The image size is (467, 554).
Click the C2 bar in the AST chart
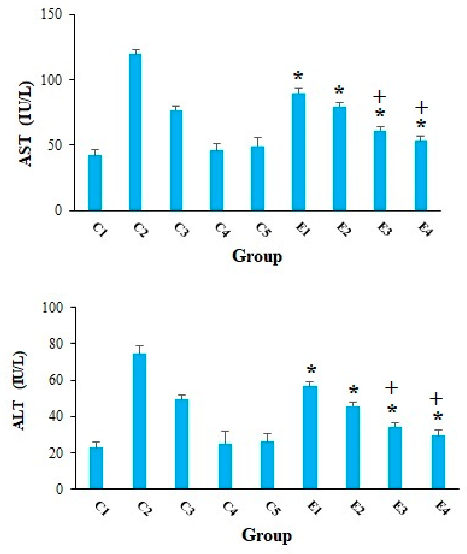135,132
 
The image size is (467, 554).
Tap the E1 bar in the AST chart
298,152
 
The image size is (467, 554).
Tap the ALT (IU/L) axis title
20,391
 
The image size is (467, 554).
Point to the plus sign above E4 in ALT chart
436,399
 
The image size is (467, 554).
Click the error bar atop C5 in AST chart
258,142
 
